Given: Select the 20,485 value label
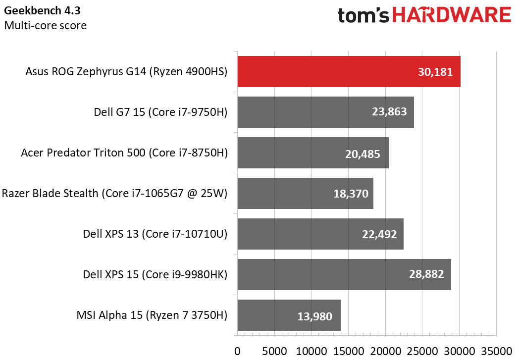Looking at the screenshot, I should tap(363, 154).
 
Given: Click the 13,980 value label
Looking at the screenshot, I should tap(314, 315).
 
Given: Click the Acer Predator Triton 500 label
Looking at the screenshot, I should tap(124, 153).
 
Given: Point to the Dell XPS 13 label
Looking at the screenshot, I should tap(155, 234).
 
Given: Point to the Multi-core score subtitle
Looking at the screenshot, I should tap(45, 25).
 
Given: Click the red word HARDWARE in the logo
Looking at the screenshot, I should tap(451, 15).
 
